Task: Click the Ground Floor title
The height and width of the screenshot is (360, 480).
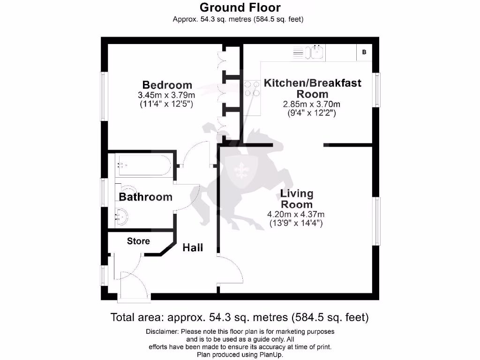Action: pyautogui.click(x=240, y=7)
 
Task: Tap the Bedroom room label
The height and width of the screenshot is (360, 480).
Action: pyautogui.click(x=167, y=85)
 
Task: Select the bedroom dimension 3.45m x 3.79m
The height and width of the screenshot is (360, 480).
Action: pyautogui.click(x=167, y=95)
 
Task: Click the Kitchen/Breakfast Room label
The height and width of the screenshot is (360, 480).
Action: pyautogui.click(x=313, y=88)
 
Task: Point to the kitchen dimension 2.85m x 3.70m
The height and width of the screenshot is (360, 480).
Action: pyautogui.click(x=312, y=104)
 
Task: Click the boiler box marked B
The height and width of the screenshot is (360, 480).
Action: pyautogui.click(x=364, y=52)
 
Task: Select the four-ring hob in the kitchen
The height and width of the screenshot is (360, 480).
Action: pyautogui.click(x=252, y=89)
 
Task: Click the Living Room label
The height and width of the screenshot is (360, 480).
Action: pyautogui.click(x=296, y=199)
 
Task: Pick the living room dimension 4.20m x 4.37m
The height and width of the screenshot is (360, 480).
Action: pyautogui.click(x=295, y=215)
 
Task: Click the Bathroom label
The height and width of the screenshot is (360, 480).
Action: pyautogui.click(x=145, y=197)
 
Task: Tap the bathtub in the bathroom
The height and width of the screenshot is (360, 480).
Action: pyautogui.click(x=142, y=165)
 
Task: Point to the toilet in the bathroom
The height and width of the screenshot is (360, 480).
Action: pyautogui.click(x=123, y=190)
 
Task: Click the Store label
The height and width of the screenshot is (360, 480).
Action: pyautogui.click(x=138, y=241)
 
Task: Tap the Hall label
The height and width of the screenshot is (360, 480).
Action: pyautogui.click(x=193, y=247)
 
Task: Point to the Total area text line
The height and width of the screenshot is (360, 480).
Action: pyautogui.click(x=240, y=317)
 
